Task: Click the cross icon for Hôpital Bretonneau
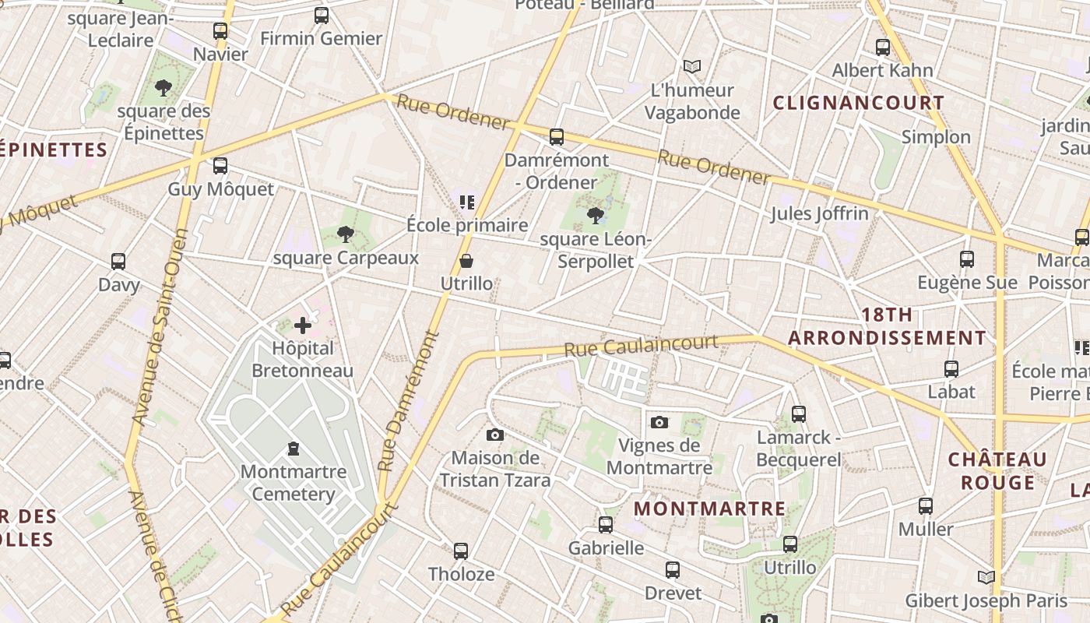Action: tap(303, 326)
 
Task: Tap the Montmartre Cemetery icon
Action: tap(293, 449)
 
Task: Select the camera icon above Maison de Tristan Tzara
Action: tap(494, 435)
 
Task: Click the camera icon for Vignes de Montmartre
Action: tap(659, 422)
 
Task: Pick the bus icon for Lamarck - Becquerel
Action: tap(798, 414)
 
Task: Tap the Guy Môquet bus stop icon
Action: tap(220, 166)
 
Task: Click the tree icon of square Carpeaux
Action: tap(345, 234)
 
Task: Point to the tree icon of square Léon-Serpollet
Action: tap(596, 215)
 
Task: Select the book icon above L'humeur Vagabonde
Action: tap(692, 67)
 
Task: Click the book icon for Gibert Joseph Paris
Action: tap(986, 577)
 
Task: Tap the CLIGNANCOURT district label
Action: tap(858, 103)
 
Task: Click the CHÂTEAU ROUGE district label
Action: tap(997, 471)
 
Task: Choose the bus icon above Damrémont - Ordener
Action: tap(556, 137)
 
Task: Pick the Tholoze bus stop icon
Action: tap(461, 551)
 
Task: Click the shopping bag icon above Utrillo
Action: tap(466, 261)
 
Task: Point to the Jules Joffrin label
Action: tap(819, 213)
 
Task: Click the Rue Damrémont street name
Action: tap(408, 402)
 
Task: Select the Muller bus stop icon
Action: tap(925, 506)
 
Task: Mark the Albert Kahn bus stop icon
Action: tap(882, 48)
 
